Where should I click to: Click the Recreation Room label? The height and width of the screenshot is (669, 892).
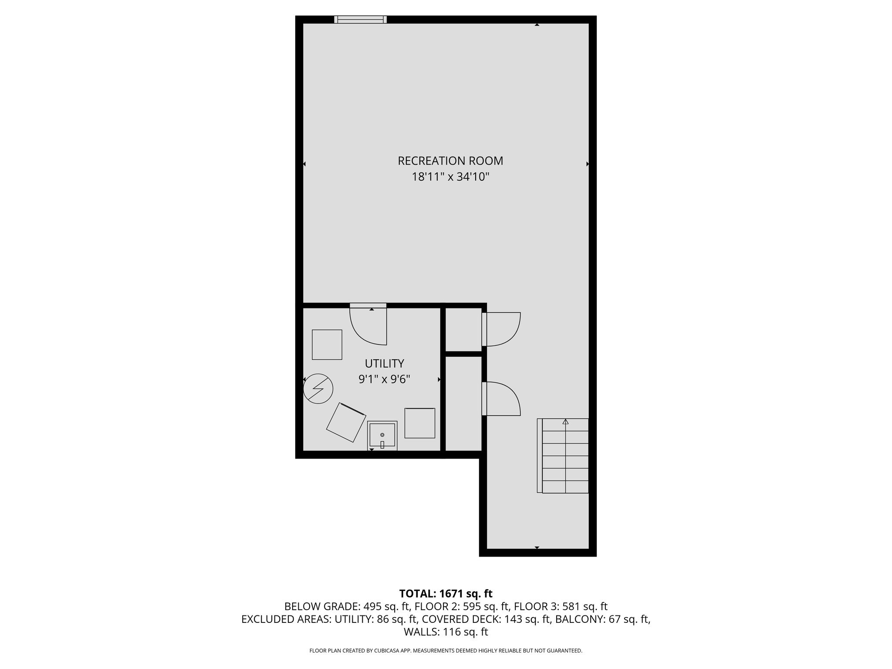[450, 161]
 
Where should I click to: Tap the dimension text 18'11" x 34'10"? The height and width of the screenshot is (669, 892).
[450, 177]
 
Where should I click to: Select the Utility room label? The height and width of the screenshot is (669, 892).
[384, 363]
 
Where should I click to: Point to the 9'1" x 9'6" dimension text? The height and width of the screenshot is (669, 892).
[384, 379]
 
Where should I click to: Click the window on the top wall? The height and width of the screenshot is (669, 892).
[360, 19]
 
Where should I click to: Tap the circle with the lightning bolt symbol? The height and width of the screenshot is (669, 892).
[318, 389]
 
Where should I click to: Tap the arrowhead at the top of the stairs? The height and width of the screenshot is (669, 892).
[565, 422]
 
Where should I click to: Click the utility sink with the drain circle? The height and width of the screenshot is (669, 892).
[382, 435]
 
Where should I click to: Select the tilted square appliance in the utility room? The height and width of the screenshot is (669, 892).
[346, 422]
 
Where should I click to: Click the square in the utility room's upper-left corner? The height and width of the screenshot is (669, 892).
[327, 345]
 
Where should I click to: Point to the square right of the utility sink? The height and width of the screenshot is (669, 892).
[419, 423]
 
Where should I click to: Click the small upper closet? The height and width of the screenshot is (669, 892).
[463, 329]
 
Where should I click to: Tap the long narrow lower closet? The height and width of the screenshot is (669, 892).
[463, 403]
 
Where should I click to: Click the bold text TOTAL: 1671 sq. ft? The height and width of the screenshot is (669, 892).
[446, 593]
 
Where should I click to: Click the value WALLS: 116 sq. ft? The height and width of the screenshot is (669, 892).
[446, 632]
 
